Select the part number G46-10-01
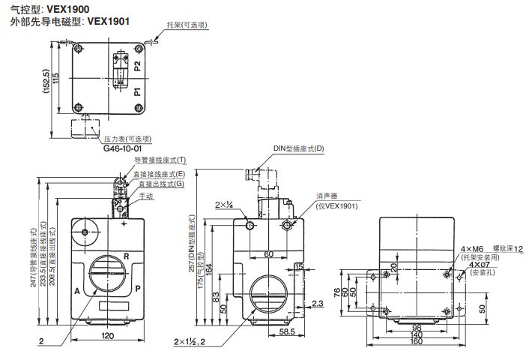122,148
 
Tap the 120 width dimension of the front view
109,336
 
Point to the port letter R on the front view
126,256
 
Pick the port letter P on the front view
138,288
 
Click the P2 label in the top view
137,66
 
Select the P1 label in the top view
137,93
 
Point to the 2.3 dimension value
317,303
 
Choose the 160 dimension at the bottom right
417,343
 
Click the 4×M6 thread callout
472,248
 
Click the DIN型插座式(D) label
298,148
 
